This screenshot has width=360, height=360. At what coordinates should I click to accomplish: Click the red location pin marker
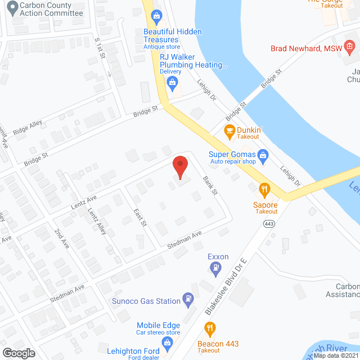point(180,167)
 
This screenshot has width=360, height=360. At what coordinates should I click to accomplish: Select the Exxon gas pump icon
point(214,271)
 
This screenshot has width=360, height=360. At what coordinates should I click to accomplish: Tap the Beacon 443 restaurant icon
point(210,328)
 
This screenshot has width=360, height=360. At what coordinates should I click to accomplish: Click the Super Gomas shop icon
point(263,155)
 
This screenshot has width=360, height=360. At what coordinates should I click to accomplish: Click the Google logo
point(18,353)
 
